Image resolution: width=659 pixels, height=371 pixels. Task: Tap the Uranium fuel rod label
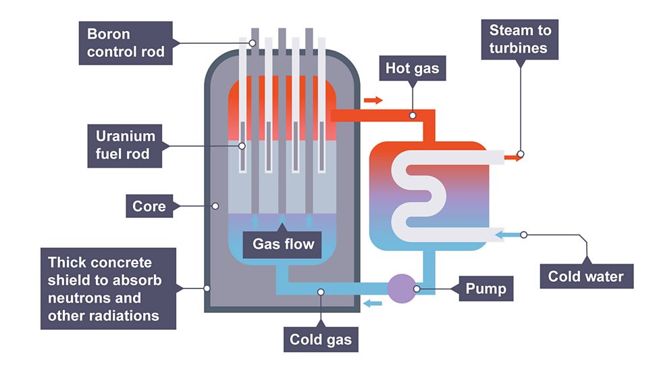click(126, 145)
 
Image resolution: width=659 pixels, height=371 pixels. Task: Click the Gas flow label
click(284, 243)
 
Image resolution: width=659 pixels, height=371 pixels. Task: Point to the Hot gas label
click(412, 68)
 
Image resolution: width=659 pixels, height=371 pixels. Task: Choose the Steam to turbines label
click(519, 39)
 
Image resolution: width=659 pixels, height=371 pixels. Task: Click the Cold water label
click(585, 276)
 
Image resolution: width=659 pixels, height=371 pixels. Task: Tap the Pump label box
click(485, 290)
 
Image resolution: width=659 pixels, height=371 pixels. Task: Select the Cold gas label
click(321, 339)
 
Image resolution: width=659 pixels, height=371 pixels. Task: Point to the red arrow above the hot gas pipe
click(373, 100)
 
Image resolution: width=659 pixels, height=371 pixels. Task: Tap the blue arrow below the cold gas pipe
click(373, 304)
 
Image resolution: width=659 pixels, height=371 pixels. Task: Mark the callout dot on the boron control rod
click(253, 43)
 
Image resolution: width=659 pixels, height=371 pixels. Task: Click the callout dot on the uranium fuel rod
click(242, 145)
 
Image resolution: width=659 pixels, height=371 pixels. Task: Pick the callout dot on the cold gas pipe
click(321, 292)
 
